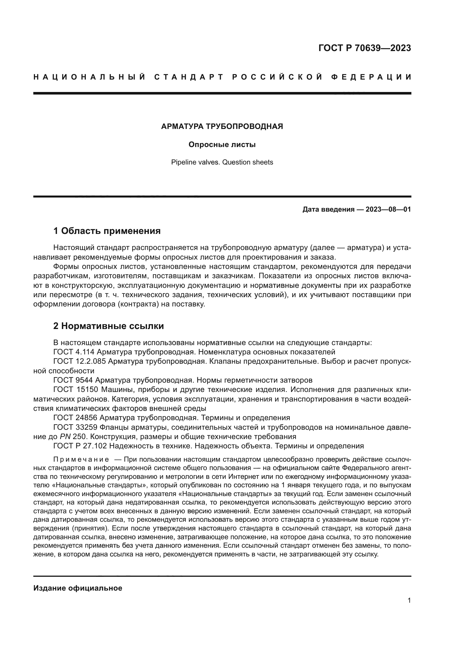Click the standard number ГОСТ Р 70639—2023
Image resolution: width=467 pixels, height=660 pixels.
[x=365, y=48]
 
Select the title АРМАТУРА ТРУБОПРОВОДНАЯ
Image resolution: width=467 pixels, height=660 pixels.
[x=222, y=126]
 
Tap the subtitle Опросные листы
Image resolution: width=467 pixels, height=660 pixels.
[x=222, y=144]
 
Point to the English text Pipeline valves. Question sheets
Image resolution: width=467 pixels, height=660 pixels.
[x=222, y=162]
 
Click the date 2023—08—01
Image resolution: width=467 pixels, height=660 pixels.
[x=388, y=209]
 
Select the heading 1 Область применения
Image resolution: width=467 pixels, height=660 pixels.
[x=107, y=231]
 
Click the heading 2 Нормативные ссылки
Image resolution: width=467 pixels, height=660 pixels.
[x=109, y=326]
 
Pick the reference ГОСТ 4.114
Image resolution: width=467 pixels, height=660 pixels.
[x=74, y=352]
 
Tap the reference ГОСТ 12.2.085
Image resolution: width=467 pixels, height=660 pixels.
[x=80, y=361]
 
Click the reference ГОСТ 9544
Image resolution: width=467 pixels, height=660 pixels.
[x=73, y=380]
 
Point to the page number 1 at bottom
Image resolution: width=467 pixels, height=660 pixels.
[x=409, y=600]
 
